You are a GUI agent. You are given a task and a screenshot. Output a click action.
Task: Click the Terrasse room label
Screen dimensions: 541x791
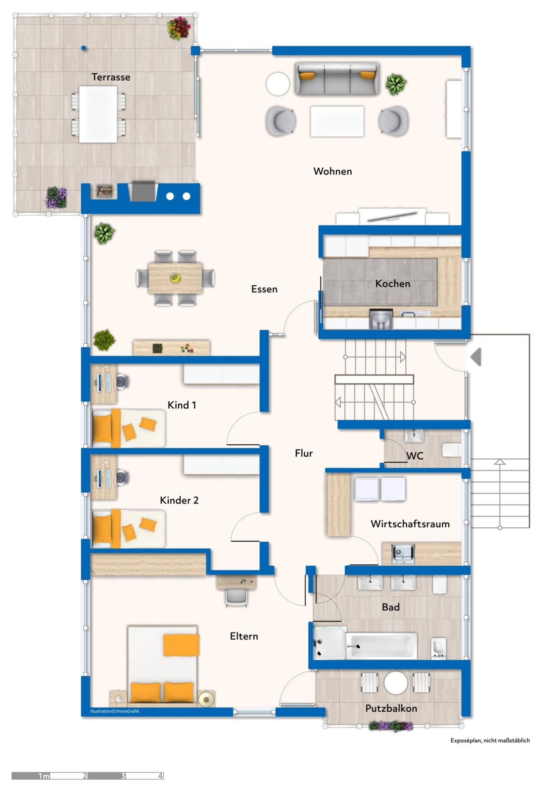click(x=111, y=77)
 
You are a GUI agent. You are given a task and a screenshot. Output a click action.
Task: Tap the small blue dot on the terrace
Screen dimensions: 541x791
click(x=83, y=48)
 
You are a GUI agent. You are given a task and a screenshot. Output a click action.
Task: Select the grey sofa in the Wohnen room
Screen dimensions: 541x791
click(x=337, y=79)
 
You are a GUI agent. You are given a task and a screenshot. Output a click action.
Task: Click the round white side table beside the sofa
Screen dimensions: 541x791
click(x=277, y=84)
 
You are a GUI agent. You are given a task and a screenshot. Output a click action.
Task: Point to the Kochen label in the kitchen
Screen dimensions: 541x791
click(x=393, y=283)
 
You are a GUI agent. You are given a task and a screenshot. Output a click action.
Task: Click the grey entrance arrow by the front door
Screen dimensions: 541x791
click(x=476, y=357)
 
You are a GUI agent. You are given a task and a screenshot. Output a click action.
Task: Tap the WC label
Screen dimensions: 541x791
click(x=415, y=456)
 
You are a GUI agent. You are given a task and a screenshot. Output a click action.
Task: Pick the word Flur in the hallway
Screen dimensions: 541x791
click(x=304, y=453)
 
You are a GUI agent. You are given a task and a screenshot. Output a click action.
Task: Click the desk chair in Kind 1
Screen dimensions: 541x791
click(x=123, y=382)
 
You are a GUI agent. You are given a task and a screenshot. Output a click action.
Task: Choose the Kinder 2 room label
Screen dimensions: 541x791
click(x=179, y=500)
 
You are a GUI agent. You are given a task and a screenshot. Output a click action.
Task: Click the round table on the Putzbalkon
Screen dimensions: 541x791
click(x=396, y=683)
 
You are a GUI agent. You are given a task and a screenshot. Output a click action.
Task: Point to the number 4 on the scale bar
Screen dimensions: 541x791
click(x=160, y=776)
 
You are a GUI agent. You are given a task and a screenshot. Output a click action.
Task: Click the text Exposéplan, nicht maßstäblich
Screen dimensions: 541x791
click(x=490, y=741)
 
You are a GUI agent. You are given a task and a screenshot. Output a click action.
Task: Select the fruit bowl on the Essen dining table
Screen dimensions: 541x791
click(x=174, y=278)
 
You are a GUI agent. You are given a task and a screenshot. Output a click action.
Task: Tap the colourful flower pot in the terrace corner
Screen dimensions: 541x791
click(x=179, y=29)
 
